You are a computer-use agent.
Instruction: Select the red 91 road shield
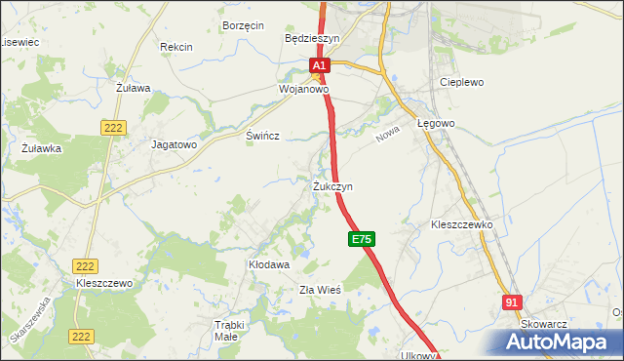(513, 303)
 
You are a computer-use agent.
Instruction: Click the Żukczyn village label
(332, 185)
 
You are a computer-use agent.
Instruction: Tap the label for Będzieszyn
(311, 38)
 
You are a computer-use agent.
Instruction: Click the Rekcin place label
(176, 47)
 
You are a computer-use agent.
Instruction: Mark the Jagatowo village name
(175, 143)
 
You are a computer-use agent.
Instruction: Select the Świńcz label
(263, 137)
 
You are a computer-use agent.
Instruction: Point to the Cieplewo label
(462, 83)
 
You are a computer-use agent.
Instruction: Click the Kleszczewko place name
(462, 224)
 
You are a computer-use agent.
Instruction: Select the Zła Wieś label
(319, 290)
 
